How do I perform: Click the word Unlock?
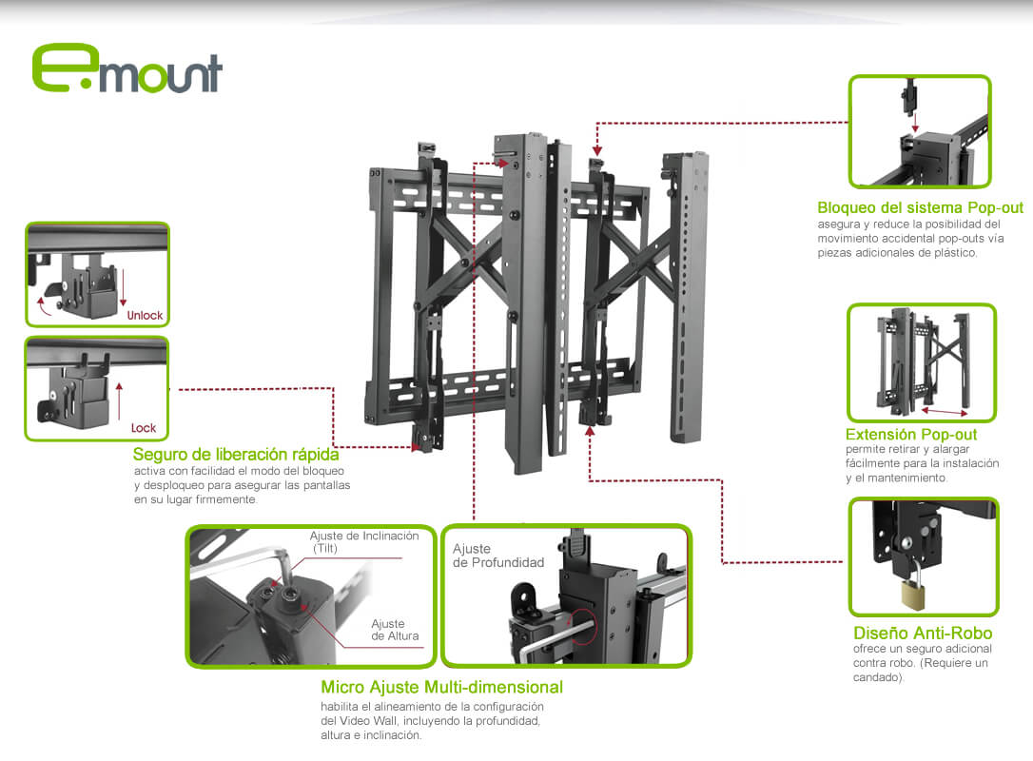pos(145,315)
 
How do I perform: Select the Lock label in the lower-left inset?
pos(144,428)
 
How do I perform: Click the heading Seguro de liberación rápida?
pos(236,455)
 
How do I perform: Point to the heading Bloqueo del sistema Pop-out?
pos(920,207)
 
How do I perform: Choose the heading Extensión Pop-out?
pos(910,435)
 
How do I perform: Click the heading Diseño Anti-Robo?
pos(923,634)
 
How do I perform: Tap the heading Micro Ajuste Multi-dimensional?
pos(441,687)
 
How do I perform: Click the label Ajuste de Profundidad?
pos(497,556)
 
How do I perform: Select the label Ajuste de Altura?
pos(395,630)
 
